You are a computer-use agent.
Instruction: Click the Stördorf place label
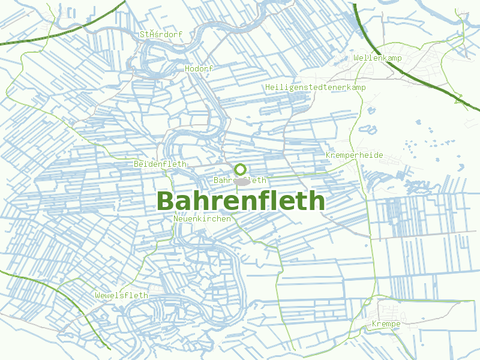pyautogui.click(x=161, y=34)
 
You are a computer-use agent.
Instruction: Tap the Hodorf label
pyautogui.click(x=199, y=68)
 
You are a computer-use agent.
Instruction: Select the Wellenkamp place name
pyautogui.click(x=377, y=58)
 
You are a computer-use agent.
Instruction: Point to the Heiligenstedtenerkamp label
pyautogui.click(x=315, y=87)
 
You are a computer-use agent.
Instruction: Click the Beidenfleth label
pyautogui.click(x=160, y=164)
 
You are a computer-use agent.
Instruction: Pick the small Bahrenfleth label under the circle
pyautogui.click(x=240, y=180)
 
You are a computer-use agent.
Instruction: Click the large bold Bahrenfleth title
pyautogui.click(x=241, y=200)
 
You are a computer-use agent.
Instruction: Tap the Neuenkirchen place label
pyautogui.click(x=202, y=219)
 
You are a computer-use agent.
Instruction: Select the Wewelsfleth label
pyautogui.click(x=121, y=295)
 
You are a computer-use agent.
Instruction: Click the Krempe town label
pyautogui.click(x=386, y=324)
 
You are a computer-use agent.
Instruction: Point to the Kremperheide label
pyautogui.click(x=354, y=155)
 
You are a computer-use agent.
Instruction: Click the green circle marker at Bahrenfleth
pyautogui.click(x=240, y=169)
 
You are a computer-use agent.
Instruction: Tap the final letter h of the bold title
pyautogui.click(x=317, y=200)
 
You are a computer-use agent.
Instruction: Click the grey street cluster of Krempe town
pyautogui.click(x=384, y=312)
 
